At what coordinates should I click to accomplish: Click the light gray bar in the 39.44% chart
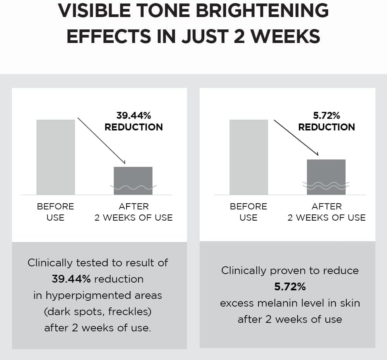click(x=56, y=157)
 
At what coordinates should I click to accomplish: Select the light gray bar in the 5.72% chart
click(x=248, y=157)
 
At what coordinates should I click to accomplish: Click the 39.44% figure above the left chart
click(x=134, y=115)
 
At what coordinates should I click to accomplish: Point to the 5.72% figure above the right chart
click(x=326, y=115)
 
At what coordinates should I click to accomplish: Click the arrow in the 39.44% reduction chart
click(x=101, y=141)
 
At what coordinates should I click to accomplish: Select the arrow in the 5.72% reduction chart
click(x=296, y=137)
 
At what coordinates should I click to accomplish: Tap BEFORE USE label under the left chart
click(x=55, y=212)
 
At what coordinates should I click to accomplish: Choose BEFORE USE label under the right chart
click(x=248, y=212)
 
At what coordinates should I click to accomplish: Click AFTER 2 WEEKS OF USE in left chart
click(x=134, y=212)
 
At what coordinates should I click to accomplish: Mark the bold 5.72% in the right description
click(x=290, y=287)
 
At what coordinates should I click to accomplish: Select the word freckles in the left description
click(x=128, y=312)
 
